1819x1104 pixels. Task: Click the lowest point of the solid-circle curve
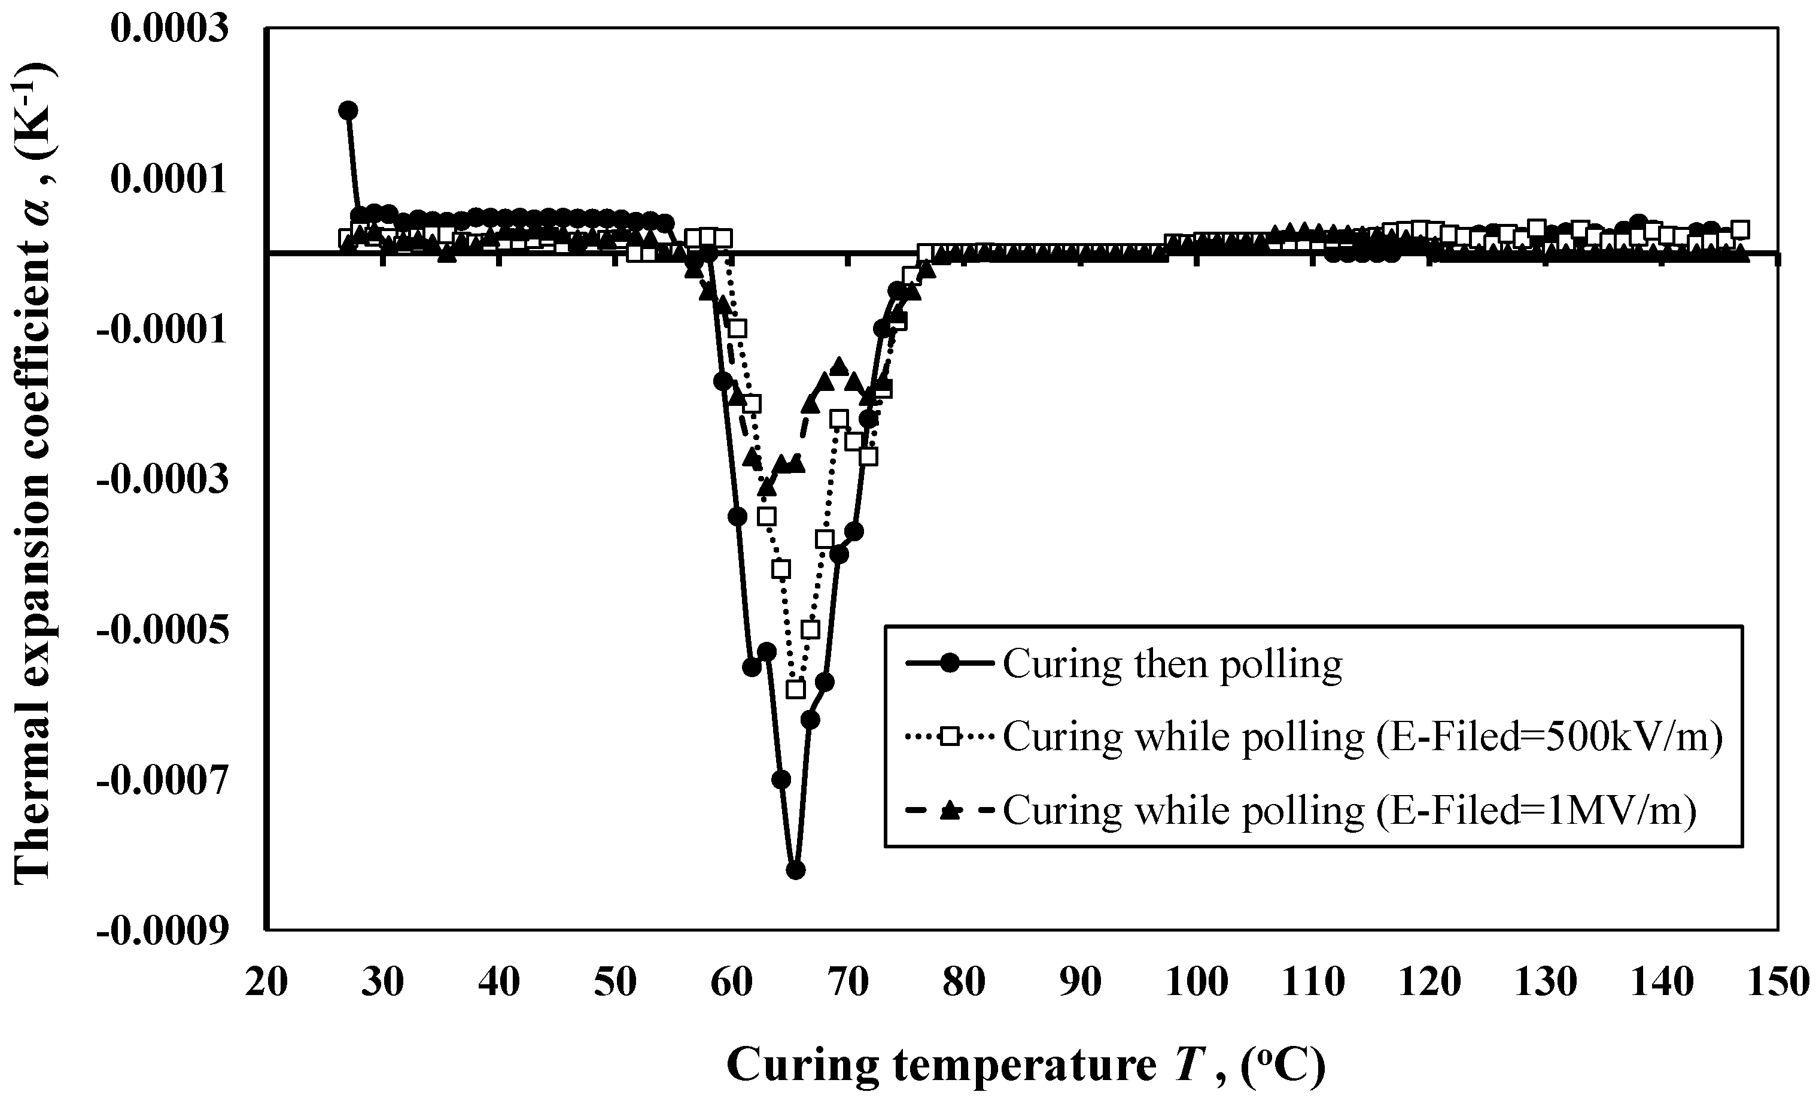tap(795, 870)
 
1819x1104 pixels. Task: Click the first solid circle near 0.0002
tap(348, 111)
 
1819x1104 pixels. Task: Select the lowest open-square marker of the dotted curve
tap(795, 689)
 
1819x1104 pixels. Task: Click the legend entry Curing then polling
tap(1172, 664)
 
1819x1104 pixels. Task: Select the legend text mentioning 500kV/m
tap(1362, 736)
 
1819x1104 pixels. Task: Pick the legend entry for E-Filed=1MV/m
tap(1349, 810)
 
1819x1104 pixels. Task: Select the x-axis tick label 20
tap(266, 983)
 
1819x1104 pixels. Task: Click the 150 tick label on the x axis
tap(1778, 983)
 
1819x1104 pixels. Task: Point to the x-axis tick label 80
tap(964, 983)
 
